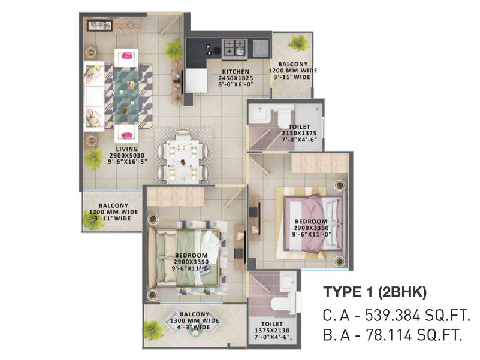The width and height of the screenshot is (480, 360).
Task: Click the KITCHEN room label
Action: point(236,72)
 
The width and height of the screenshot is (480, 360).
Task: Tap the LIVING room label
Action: point(126,149)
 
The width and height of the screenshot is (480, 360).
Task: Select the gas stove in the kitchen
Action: point(234,48)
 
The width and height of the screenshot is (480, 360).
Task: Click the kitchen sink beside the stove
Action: point(261,48)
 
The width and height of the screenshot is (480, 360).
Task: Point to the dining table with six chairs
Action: point(183,157)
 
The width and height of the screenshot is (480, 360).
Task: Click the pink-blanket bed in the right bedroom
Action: point(313,223)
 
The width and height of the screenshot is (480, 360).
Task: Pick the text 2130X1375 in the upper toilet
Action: point(299,133)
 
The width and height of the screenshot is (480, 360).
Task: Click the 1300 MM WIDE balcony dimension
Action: point(194,320)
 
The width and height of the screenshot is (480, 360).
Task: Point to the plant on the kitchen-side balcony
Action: point(297,43)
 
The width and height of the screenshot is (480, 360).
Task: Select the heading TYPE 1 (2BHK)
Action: point(375,292)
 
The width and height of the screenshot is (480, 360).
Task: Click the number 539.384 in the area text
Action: point(393,315)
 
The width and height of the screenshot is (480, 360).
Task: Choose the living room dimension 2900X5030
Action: point(126,156)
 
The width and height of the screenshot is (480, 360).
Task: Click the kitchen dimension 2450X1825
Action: point(236,78)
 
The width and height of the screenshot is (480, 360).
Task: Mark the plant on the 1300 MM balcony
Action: point(153,331)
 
